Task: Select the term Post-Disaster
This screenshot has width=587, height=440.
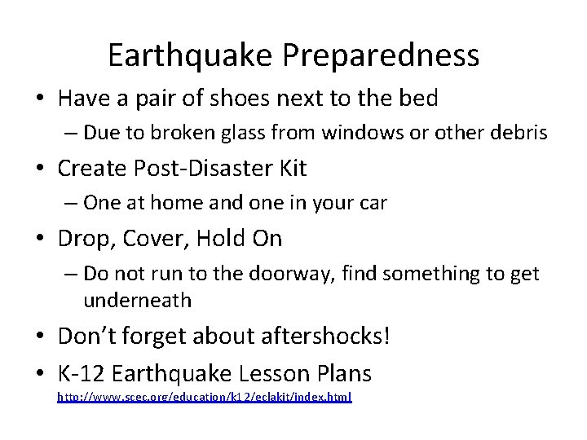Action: click(201, 169)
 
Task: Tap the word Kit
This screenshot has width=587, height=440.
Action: click(290, 169)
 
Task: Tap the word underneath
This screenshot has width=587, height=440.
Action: click(137, 300)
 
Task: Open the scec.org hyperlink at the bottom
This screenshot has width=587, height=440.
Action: click(204, 398)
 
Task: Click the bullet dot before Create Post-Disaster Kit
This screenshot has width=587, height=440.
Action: click(40, 169)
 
